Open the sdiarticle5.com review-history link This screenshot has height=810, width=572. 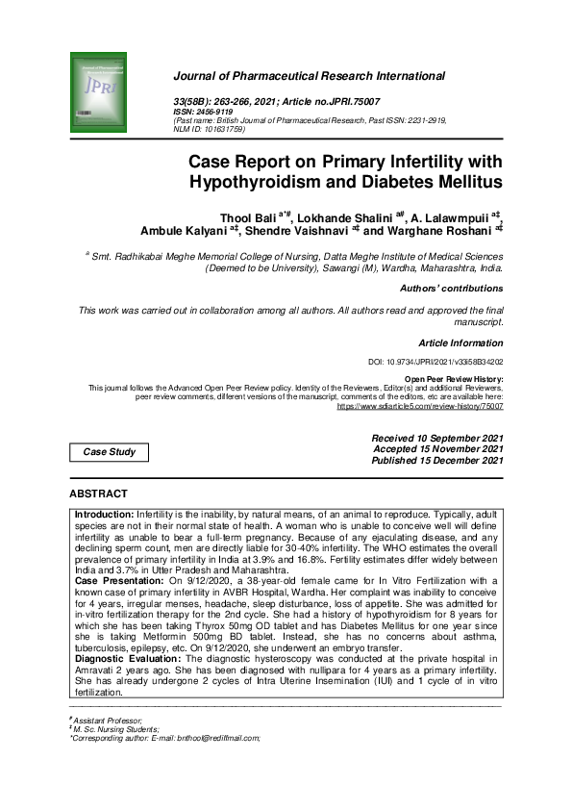pyautogui.click(x=420, y=406)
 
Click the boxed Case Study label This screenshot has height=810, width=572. pyautogui.click(x=110, y=452)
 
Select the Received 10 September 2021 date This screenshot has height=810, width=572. pyautogui.click(x=437, y=438)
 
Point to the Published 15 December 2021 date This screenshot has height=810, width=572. pyautogui.click(x=437, y=461)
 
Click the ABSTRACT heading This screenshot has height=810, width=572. pyautogui.click(x=98, y=494)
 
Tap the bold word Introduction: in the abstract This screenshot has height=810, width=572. pyautogui.click(x=104, y=515)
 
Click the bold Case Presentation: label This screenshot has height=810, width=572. pyautogui.click(x=120, y=581)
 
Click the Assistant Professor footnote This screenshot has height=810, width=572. pyautogui.click(x=107, y=721)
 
